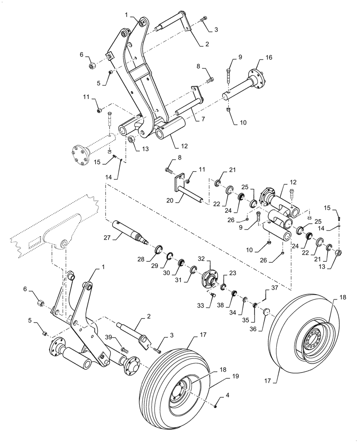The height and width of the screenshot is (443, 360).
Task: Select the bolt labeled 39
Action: point(124,350)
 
